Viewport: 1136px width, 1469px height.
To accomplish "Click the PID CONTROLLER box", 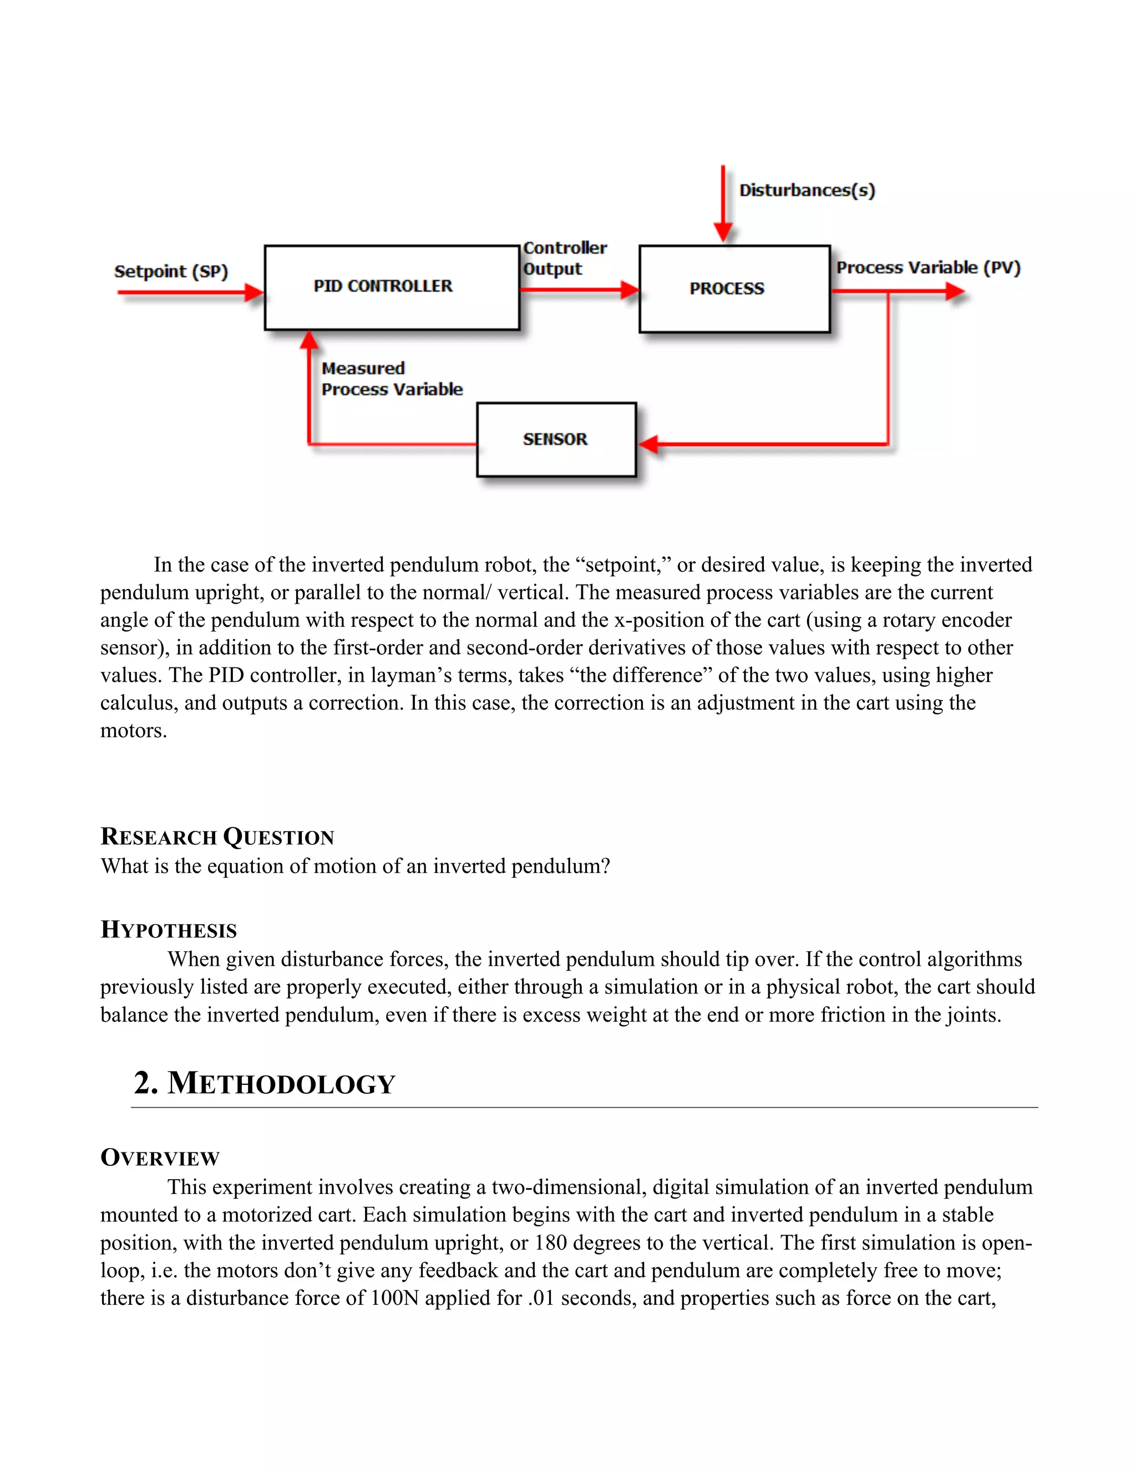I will (392, 287).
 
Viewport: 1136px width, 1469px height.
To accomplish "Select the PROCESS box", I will (734, 289).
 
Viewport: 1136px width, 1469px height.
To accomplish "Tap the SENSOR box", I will (556, 439).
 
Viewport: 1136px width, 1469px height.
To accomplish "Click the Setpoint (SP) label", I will (171, 271).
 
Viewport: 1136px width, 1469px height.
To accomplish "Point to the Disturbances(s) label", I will (807, 190).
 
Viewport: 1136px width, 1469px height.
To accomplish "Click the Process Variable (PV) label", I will (928, 267).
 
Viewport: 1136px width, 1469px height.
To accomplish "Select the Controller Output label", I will (564, 258).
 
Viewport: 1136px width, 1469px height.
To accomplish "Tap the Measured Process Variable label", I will (392, 379).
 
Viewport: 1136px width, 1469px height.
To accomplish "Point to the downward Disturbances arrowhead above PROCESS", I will (723, 233).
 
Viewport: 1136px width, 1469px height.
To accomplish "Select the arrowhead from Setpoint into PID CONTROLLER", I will (255, 293).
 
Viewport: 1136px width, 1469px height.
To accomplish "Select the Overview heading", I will (160, 1157).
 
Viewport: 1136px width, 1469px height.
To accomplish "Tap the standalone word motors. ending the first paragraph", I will (133, 731).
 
